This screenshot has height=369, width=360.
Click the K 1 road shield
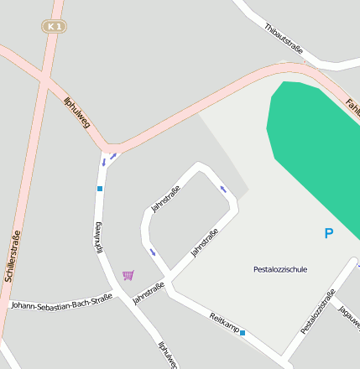point(55,27)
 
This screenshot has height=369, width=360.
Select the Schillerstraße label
point(12,256)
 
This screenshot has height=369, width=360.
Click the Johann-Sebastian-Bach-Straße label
point(61,301)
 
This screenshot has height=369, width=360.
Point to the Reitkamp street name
point(224,323)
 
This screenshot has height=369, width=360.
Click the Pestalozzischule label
point(280,269)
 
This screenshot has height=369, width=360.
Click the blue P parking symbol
point(328,234)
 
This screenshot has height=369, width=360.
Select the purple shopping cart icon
point(128,275)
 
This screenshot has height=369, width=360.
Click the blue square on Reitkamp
point(243,334)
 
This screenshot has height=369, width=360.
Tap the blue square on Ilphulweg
point(100,189)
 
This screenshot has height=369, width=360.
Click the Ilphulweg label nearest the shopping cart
point(98,238)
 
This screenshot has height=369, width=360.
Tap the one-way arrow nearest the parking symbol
point(223,188)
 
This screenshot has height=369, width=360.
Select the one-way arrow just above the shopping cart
point(152,251)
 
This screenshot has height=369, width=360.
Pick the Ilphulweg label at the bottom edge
point(168,355)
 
